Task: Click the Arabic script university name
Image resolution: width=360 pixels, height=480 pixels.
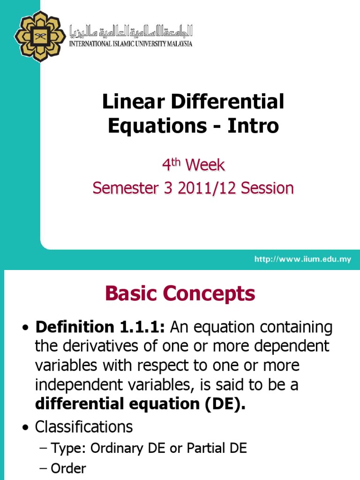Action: (131, 31)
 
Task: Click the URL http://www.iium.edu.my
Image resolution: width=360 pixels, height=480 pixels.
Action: (302, 259)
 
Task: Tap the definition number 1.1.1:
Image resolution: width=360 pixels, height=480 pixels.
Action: (140, 328)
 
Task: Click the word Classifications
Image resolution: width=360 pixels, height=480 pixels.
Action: (84, 427)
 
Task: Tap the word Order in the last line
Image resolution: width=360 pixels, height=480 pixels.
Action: (68, 469)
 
